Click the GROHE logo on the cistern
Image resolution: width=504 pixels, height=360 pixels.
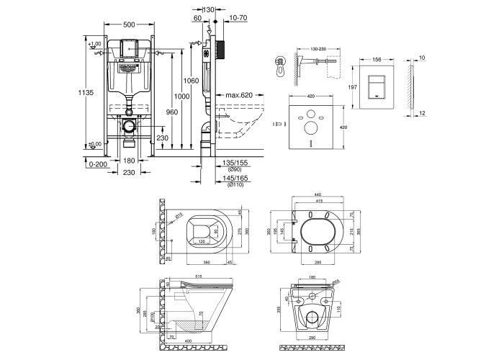[x=129, y=67]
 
